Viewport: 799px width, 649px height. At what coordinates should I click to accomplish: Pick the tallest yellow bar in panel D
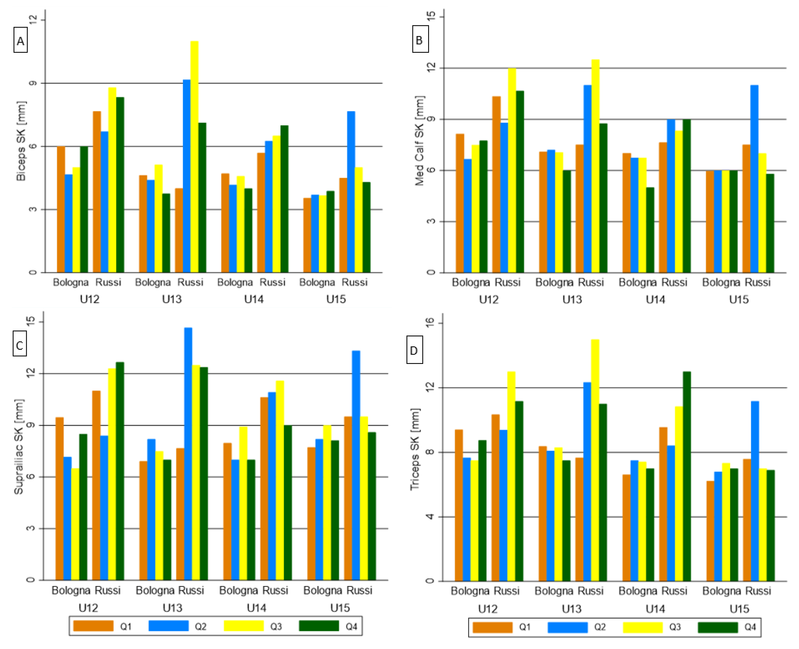coord(595,460)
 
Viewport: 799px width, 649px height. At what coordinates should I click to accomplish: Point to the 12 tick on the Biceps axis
coord(33,20)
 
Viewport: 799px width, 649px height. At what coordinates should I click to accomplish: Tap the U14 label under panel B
coord(655,299)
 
